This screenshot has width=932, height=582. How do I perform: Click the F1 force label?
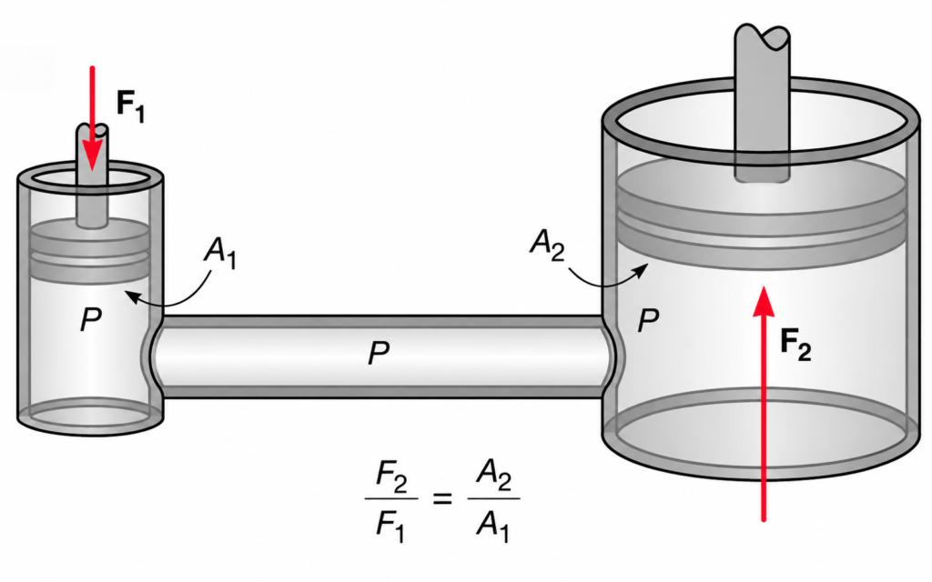pos(130,105)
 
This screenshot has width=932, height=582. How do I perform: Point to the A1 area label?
pos(220,253)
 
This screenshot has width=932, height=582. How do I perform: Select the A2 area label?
pos(547,244)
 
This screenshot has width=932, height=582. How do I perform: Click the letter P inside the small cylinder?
pos(91,319)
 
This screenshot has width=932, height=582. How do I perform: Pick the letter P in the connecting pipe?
pos(379,353)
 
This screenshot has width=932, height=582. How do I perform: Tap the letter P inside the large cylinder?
pos(648,321)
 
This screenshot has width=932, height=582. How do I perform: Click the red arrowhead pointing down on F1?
pos(92,156)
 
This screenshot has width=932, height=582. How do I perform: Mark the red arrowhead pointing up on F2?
pos(764,302)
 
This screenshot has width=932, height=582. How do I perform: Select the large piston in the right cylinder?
pos(763,214)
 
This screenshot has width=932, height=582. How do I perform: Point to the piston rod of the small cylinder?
pos(92,176)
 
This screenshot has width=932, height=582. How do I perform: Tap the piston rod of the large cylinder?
pos(763,102)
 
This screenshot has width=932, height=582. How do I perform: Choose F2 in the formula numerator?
pos(391,478)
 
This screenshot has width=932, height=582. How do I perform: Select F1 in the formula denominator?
pos(390,526)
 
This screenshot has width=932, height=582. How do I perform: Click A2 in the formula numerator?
pos(494,476)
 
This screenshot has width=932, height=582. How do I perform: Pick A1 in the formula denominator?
pos(492,526)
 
